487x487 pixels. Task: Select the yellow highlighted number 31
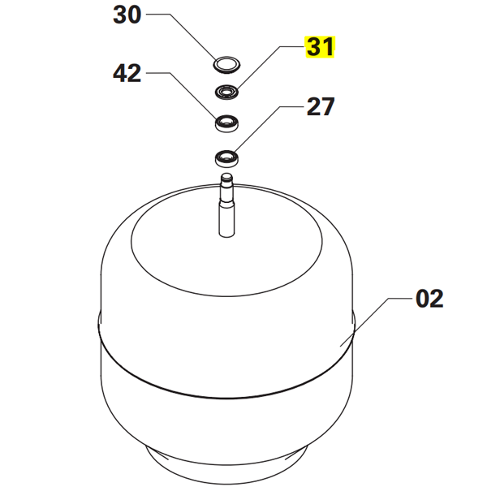click(x=319, y=48)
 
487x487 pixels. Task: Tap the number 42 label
click(x=127, y=74)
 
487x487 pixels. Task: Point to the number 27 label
click(x=319, y=107)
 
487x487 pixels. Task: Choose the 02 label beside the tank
click(x=429, y=299)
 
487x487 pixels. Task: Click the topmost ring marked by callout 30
click(x=227, y=62)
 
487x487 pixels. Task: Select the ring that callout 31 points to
click(x=227, y=91)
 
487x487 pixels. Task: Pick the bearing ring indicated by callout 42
click(x=227, y=123)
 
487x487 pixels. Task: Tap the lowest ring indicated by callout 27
click(x=227, y=157)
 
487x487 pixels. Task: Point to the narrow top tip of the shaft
click(x=227, y=176)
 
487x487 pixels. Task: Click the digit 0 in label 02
click(x=422, y=299)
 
